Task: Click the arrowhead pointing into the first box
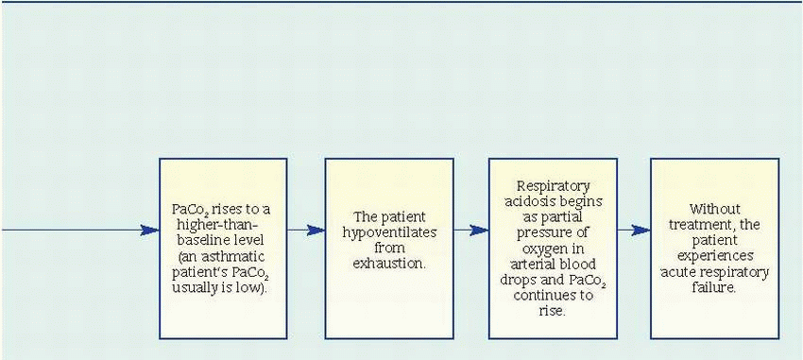coord(150,231)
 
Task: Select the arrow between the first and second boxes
coord(306,231)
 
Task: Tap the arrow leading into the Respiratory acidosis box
coord(471,231)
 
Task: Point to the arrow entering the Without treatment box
coord(634,231)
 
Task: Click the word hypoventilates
coord(389,232)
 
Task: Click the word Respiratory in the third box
coord(553,186)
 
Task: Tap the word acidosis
coord(553,201)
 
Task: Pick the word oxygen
coord(553,249)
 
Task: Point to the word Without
coord(714,210)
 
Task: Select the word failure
coord(714,288)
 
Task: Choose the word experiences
coord(714,256)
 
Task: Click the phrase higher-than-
coord(223,225)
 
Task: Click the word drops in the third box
coord(535,280)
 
